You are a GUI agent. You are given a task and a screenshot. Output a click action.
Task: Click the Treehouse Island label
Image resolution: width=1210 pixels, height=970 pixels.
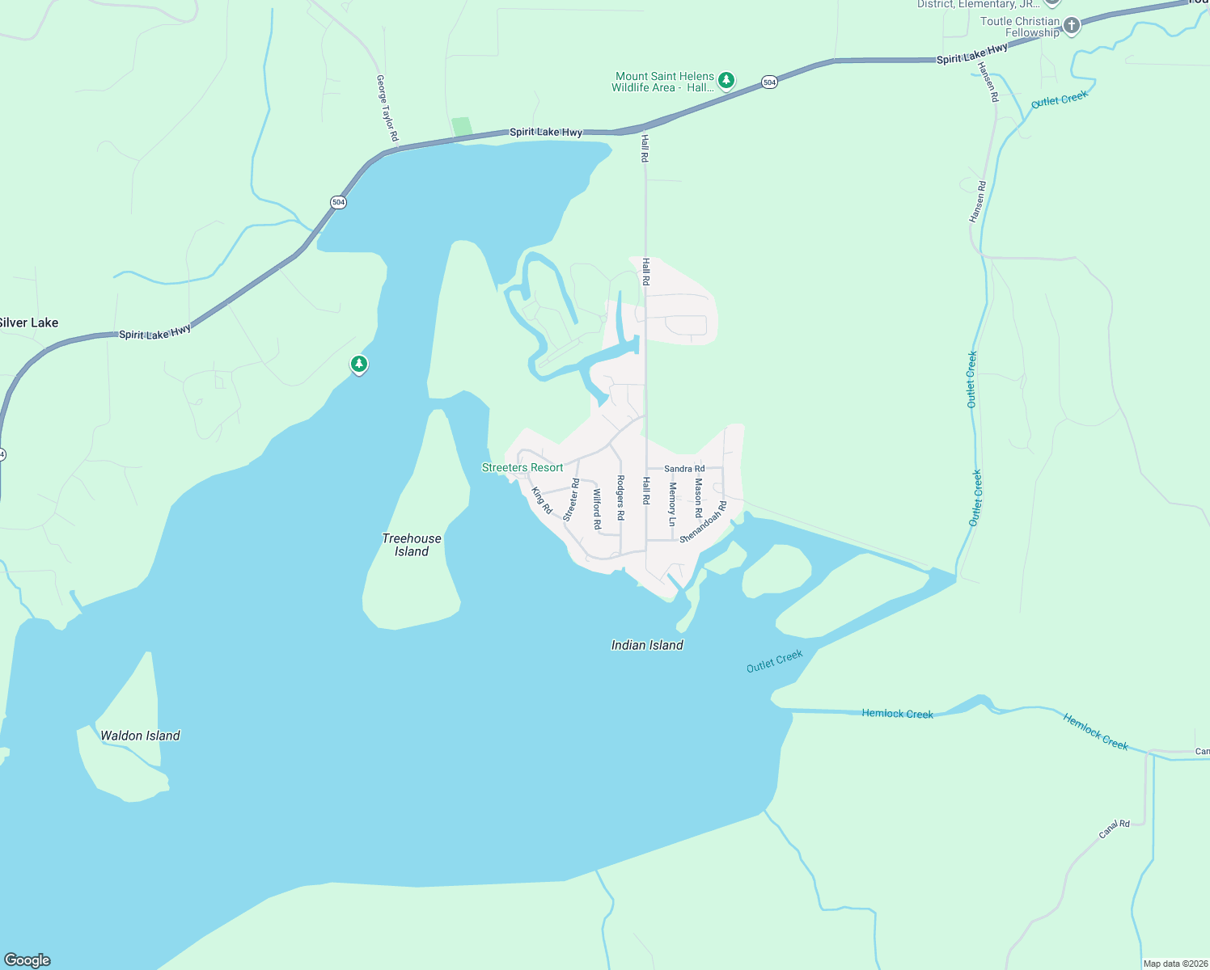tap(412, 545)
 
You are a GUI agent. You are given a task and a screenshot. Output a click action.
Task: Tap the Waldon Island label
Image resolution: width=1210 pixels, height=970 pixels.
tap(140, 736)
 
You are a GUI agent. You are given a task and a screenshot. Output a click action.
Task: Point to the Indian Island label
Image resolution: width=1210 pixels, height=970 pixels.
tap(647, 645)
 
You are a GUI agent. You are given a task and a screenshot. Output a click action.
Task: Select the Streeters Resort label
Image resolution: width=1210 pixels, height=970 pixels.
tap(522, 468)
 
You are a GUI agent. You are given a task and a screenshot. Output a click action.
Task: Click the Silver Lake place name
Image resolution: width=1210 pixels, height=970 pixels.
tap(28, 323)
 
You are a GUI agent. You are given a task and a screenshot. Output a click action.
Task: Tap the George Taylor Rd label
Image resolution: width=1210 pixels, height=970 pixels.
tap(387, 108)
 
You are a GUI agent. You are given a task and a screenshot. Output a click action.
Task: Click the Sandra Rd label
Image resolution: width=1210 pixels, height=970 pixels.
tap(684, 469)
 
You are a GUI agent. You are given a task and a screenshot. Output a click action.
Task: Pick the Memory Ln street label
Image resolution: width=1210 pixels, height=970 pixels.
tap(672, 499)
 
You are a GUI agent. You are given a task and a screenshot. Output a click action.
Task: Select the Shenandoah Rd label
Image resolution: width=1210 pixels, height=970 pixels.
tap(703, 522)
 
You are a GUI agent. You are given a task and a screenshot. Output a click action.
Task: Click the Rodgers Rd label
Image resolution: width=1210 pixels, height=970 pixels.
tap(620, 497)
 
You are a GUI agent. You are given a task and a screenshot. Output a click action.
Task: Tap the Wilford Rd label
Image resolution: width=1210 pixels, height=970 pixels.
tap(597, 509)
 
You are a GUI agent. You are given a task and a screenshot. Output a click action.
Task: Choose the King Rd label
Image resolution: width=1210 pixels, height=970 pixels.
tap(542, 500)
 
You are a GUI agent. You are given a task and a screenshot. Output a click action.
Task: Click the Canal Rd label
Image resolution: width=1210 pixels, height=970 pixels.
tap(1114, 829)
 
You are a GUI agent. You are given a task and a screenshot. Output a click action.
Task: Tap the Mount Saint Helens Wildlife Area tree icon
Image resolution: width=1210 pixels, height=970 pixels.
tap(727, 80)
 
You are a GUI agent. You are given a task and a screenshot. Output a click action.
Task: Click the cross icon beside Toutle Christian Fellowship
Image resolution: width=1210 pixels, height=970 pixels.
tap(1072, 26)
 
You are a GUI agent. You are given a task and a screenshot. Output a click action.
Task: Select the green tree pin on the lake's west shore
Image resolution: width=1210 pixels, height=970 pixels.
tap(359, 365)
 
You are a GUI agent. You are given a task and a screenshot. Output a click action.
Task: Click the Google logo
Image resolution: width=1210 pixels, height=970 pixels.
tap(27, 960)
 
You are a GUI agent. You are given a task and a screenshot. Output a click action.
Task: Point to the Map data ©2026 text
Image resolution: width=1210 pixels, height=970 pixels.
tap(1175, 964)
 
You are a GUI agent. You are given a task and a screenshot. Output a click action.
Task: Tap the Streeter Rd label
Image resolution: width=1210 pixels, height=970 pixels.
tap(571, 500)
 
